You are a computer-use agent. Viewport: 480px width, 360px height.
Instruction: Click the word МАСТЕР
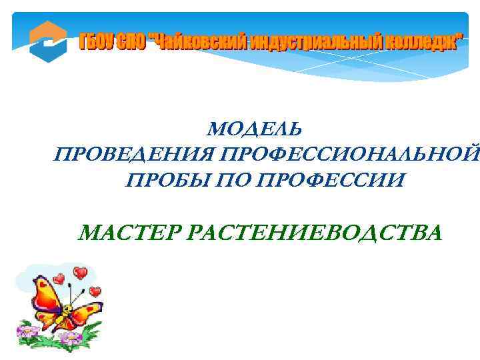click(129, 234)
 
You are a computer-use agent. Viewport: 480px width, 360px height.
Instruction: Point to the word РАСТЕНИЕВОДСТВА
click(316, 234)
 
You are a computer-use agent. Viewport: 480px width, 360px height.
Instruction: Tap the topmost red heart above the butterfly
click(81, 273)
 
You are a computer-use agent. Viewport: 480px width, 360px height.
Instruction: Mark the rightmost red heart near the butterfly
click(95, 291)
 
